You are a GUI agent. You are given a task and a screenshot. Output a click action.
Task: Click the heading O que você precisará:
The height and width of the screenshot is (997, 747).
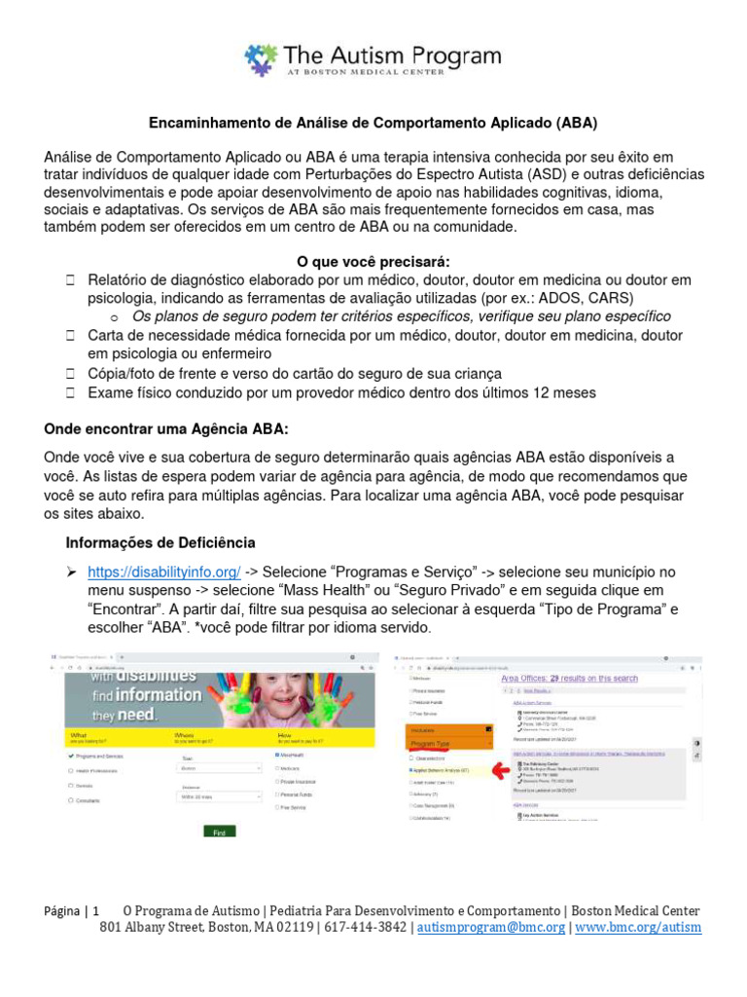click(x=373, y=261)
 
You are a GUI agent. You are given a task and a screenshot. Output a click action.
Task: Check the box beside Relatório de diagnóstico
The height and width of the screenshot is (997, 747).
click(x=71, y=280)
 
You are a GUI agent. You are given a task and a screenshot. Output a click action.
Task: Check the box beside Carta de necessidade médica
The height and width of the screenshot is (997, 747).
click(x=71, y=336)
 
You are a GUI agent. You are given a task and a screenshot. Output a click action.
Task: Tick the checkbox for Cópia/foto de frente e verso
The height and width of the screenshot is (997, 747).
click(x=71, y=374)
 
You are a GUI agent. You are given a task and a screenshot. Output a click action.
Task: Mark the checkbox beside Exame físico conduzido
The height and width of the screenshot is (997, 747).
click(x=71, y=392)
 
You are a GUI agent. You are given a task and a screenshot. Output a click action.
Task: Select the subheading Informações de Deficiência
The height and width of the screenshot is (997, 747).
click(x=160, y=542)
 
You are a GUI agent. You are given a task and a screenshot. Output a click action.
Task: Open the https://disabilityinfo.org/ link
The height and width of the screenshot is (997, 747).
click(x=163, y=572)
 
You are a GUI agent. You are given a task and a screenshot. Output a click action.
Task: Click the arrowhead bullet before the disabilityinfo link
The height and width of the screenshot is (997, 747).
click(x=71, y=572)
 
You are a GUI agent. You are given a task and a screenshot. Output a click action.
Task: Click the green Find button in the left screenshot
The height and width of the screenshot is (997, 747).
click(x=219, y=832)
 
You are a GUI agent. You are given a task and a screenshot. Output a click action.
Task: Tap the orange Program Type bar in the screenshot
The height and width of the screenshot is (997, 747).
click(x=447, y=742)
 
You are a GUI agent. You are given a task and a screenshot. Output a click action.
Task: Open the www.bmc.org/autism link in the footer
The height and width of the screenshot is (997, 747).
click(x=637, y=928)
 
